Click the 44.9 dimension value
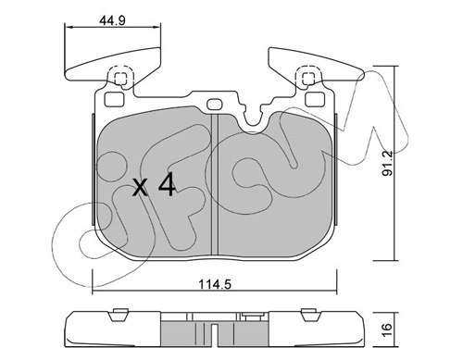[x=112, y=21]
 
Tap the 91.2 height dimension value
[x=387, y=163]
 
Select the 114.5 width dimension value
[x=215, y=284]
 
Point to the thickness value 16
[x=387, y=329]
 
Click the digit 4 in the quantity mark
[x=167, y=186]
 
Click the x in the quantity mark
[x=140, y=188]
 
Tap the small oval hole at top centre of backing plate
[x=214, y=104]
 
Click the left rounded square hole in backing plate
[x=114, y=99]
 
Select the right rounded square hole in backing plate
[x=315, y=99]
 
